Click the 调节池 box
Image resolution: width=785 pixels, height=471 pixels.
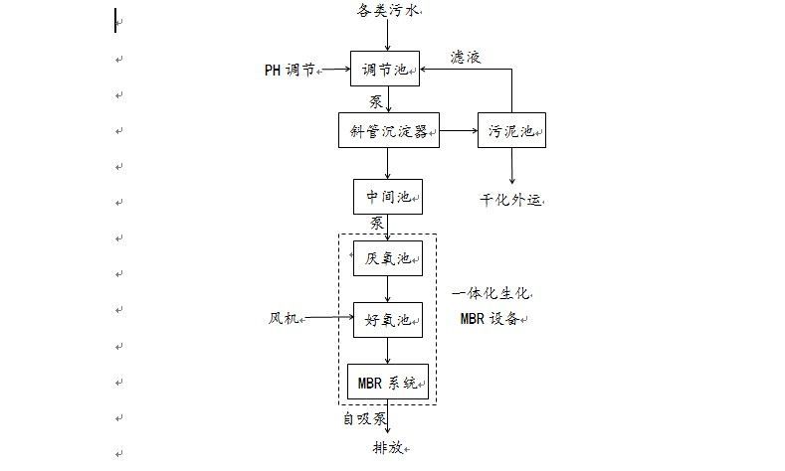(x=387, y=70)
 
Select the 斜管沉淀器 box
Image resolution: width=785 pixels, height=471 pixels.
(x=389, y=131)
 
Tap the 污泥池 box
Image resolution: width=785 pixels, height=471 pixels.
(x=512, y=131)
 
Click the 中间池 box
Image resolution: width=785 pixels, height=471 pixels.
(x=388, y=197)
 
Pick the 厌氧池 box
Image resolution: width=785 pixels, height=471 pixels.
(x=388, y=258)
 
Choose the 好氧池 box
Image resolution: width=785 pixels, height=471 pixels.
(x=388, y=319)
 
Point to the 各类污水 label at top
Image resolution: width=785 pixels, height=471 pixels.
(x=389, y=10)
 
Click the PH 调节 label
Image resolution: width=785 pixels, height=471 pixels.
(x=290, y=71)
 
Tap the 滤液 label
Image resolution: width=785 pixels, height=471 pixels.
(x=465, y=58)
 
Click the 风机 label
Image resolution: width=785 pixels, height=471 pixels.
(x=285, y=319)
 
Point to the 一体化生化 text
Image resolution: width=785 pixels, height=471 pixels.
(x=491, y=294)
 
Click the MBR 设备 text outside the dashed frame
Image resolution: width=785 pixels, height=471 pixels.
(x=490, y=319)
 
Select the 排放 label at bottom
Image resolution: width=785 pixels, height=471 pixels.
(x=388, y=448)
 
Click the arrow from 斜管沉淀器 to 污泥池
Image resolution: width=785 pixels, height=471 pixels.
(x=459, y=131)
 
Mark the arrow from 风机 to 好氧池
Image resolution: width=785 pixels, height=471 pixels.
(x=327, y=319)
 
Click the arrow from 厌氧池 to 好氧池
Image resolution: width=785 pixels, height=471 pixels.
(x=388, y=289)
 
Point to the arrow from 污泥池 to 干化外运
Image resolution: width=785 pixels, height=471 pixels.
(x=512, y=167)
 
